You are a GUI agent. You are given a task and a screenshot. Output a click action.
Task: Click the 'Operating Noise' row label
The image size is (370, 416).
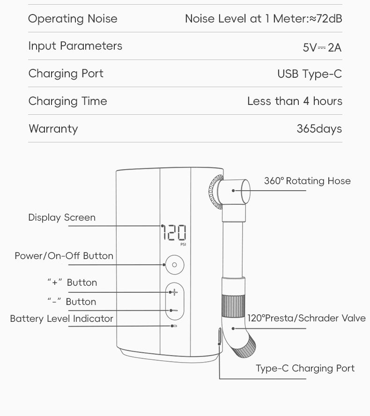click(x=73, y=19)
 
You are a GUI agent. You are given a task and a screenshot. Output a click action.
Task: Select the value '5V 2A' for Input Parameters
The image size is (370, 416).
click(x=322, y=47)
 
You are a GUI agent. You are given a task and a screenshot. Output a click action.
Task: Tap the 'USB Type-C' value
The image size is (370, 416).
click(x=310, y=74)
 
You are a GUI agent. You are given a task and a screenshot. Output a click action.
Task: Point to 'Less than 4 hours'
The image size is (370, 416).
click(x=295, y=101)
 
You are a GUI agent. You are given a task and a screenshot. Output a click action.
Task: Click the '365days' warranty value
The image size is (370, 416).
click(x=319, y=129)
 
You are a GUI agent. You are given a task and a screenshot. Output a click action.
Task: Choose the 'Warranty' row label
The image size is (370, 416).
click(x=53, y=129)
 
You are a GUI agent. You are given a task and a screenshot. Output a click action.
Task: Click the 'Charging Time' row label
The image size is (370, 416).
click(x=67, y=101)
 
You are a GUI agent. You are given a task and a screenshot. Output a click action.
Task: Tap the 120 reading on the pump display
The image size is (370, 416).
click(x=174, y=232)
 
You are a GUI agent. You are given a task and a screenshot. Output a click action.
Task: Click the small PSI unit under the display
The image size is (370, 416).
click(x=183, y=244)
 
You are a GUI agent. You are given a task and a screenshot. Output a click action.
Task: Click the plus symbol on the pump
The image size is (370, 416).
click(x=174, y=292)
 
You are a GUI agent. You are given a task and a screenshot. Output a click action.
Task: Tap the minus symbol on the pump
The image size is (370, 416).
click(x=174, y=310)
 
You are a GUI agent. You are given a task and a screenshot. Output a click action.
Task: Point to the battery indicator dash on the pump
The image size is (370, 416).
click(x=174, y=325)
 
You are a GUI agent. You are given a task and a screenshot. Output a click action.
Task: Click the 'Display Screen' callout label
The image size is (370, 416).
click(x=61, y=217)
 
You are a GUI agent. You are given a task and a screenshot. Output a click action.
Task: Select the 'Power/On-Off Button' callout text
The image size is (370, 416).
click(x=64, y=256)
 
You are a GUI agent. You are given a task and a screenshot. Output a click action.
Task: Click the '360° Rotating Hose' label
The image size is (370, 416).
click(x=307, y=181)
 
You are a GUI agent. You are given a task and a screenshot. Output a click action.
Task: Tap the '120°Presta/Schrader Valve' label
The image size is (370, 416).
click(x=306, y=319)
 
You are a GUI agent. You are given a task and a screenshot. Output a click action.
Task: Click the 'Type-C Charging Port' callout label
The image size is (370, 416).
click(x=305, y=368)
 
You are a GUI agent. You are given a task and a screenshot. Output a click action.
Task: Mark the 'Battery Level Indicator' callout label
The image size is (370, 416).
click(x=61, y=319)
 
